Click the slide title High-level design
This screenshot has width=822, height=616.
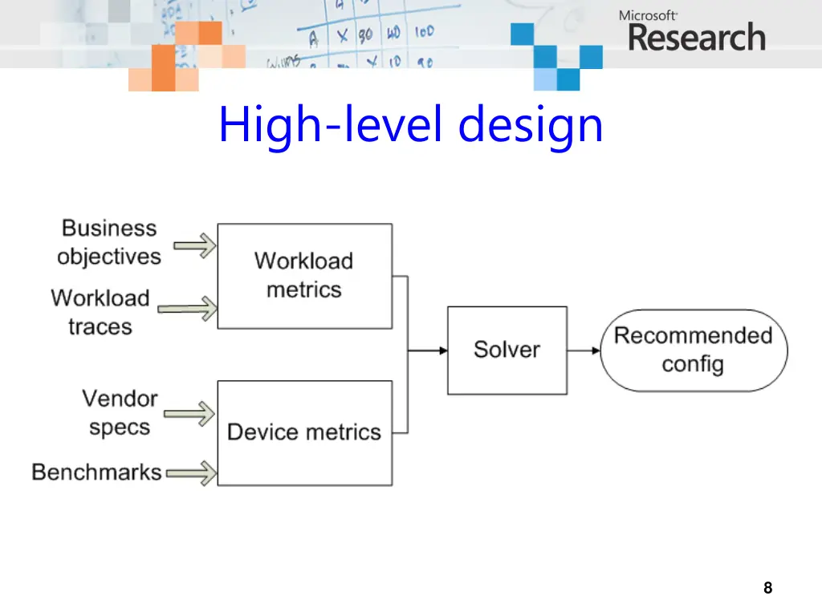coord(410,126)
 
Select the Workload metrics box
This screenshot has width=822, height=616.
coord(304,276)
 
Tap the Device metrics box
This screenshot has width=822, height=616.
coord(304,432)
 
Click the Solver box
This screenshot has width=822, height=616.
coord(507,350)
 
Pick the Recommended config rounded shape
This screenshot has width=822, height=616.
coord(694,350)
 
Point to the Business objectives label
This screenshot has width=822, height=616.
coord(109,242)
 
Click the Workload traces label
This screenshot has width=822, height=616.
coord(100,312)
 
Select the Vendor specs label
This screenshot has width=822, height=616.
coord(120,412)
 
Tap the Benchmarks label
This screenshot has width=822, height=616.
coord(96,472)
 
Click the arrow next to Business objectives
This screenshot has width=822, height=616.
coord(195,245)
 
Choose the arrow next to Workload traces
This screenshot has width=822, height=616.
coord(186,308)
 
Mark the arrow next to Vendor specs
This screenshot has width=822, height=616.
coord(189,414)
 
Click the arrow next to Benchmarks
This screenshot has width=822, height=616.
coord(191,472)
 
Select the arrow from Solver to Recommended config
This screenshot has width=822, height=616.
coord(584,351)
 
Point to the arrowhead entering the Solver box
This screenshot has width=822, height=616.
coord(441,351)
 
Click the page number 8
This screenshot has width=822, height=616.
coord(767,588)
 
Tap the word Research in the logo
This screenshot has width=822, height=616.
coord(696,38)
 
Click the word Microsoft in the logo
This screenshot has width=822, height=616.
coord(648,15)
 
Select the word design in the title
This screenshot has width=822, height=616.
coord(531,126)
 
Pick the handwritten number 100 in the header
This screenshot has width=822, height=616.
coord(424,32)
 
